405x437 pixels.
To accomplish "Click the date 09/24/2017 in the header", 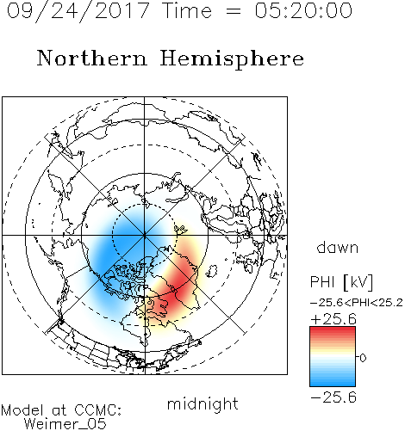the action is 78,10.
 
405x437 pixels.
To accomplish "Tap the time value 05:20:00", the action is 303,10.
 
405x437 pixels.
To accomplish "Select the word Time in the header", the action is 187,10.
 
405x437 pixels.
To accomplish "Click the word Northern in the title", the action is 92,58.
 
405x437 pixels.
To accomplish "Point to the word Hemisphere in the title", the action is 232,59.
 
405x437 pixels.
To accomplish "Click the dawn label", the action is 338,248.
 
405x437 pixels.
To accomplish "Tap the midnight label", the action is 202,403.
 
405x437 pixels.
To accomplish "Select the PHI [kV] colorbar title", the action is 341,282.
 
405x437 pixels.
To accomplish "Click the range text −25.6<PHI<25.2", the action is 357,303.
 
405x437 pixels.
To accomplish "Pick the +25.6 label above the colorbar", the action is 333,319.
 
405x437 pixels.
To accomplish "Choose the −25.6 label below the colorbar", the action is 333,397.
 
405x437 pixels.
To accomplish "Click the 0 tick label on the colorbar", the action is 363,358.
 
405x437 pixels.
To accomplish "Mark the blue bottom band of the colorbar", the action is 333,381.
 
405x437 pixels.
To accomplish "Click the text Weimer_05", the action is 65,424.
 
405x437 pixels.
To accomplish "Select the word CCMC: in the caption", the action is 98,410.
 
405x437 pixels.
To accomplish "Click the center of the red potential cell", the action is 176,290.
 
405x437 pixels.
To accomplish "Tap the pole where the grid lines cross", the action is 145,235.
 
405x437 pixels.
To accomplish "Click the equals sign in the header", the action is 234,11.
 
